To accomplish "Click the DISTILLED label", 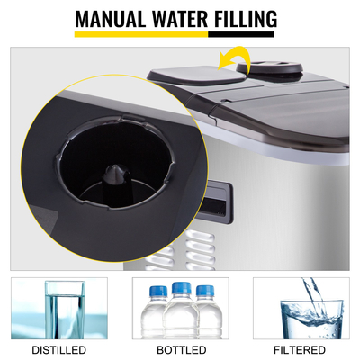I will click(x=59, y=349).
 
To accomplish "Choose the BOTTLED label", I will click(x=180, y=349).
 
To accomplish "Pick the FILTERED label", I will click(x=301, y=349).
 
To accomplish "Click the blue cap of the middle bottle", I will click(x=180, y=288).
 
